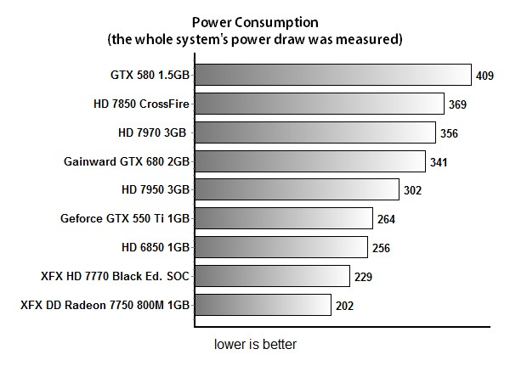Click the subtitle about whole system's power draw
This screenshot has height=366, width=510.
point(254,39)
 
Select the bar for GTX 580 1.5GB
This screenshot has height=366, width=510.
point(332,76)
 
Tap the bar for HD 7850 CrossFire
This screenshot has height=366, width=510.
point(320,104)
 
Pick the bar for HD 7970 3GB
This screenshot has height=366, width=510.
point(314,133)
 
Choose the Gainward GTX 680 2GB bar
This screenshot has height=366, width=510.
point(309,161)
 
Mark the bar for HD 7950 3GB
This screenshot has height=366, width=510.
point(297,190)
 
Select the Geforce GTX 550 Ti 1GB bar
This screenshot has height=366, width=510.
point(284,219)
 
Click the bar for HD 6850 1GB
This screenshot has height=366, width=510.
point(280,248)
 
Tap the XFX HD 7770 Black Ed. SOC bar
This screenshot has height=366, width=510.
point(272,276)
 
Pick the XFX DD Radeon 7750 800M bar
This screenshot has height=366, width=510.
point(263,305)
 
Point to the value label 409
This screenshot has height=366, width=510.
point(485,76)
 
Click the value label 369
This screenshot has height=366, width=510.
point(458,105)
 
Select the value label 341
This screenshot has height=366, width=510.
point(439,162)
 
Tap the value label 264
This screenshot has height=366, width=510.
point(387,220)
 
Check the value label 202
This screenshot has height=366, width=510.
point(344,306)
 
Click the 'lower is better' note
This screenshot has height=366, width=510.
point(255,346)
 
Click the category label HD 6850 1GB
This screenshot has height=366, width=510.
point(156,248)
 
